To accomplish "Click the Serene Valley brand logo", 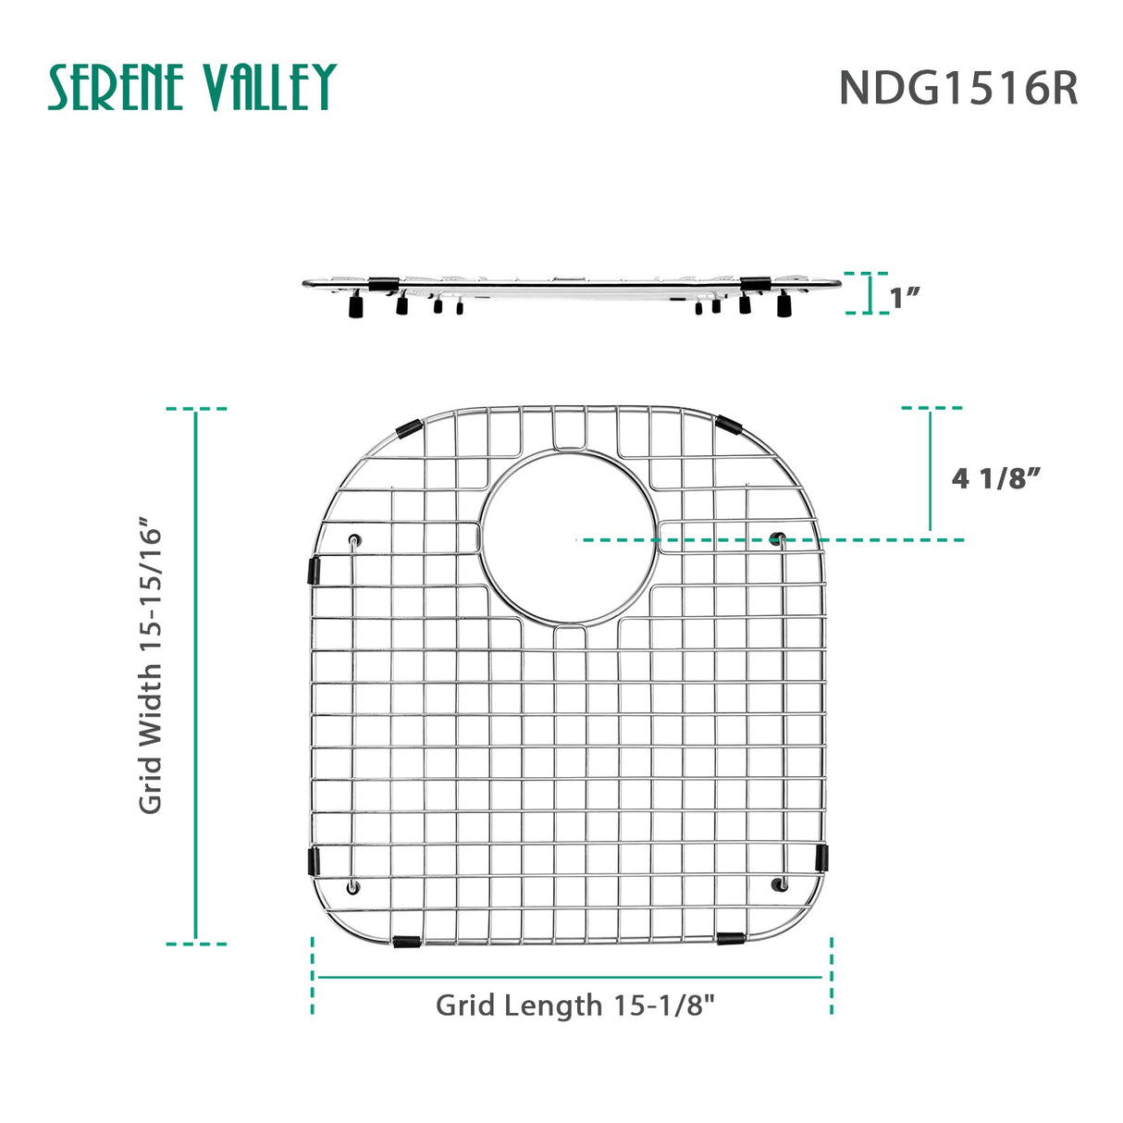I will coord(191,88).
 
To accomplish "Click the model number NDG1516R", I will coord(957,89).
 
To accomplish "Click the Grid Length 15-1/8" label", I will coord(575,1005).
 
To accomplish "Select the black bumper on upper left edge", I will coord(315,570).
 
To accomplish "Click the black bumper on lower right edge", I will coord(821,857).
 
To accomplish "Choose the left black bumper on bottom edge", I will coord(405,942).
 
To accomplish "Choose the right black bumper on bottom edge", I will coord(729,939).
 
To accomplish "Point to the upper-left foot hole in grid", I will coord(355,540).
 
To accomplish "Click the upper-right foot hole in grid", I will coord(777,538).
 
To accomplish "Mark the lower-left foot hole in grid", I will coord(352,887).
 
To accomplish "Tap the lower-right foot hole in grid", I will coord(777,885).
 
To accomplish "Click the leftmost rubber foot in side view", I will coord(354,305).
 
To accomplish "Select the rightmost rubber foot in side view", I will coord(784,305).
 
